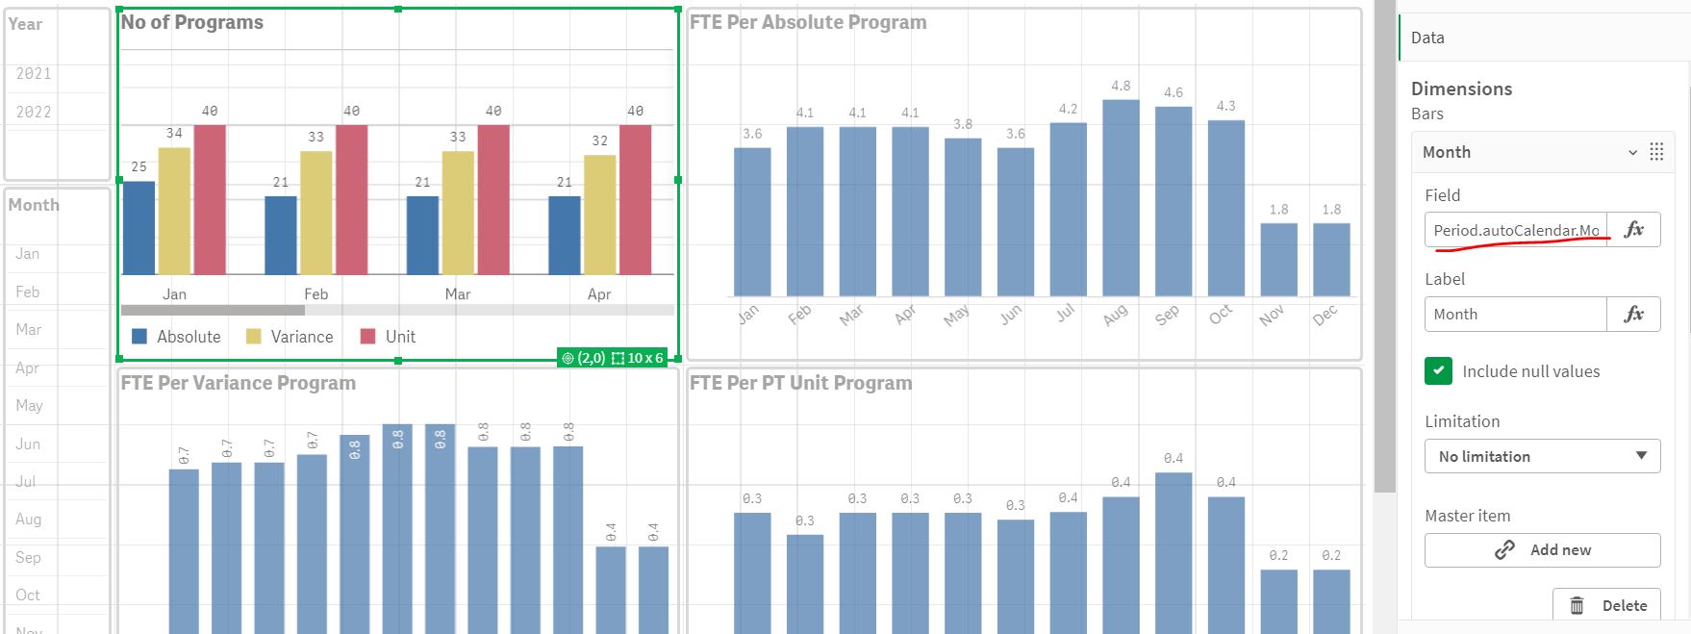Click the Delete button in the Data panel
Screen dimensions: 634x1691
coord(1606,605)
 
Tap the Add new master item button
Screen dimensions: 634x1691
coord(1542,550)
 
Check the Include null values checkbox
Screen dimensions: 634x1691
coord(1438,370)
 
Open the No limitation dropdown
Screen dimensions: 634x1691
coord(1542,456)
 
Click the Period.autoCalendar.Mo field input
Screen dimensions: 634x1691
coord(1516,230)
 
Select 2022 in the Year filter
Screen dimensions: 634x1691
coord(34,112)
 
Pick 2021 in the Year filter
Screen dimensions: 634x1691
coord(34,73)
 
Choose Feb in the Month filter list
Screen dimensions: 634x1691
coord(28,292)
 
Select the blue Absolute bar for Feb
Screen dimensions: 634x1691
coord(281,235)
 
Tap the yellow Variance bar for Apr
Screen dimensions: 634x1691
coord(600,214)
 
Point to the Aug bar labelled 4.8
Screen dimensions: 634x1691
coord(1121,197)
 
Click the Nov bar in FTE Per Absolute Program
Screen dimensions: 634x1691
coord(1278,259)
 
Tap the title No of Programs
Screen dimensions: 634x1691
coord(192,22)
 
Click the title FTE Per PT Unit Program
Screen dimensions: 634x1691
coord(800,383)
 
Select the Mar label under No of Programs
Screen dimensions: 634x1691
coord(458,294)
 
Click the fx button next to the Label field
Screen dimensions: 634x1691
coord(1633,314)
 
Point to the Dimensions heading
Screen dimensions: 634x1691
coord(1461,89)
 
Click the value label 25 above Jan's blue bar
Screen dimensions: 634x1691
coord(139,166)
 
